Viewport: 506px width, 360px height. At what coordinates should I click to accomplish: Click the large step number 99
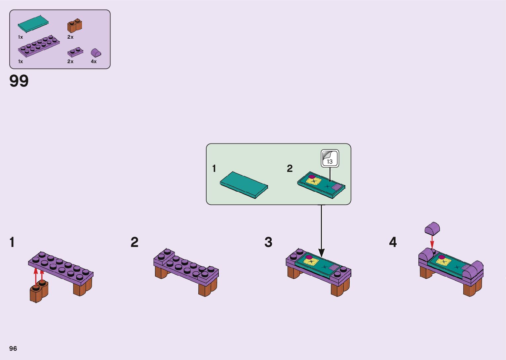point(19,81)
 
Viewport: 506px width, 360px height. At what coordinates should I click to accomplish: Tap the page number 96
point(13,348)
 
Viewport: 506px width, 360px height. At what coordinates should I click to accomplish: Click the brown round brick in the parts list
point(75,26)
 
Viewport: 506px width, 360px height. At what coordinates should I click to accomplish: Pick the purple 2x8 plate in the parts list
point(39,46)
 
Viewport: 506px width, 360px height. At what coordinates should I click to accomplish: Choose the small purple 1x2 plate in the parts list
point(75,52)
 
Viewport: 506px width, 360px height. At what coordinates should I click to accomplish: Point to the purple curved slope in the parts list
point(96,53)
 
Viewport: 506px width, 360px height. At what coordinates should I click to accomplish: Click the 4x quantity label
point(94,61)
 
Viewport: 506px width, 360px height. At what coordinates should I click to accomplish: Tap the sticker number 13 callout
point(330,159)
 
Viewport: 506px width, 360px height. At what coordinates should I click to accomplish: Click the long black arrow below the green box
point(321,231)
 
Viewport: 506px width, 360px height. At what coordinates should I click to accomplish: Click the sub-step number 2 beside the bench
point(135,242)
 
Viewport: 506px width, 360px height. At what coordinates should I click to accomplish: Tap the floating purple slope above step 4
point(432,228)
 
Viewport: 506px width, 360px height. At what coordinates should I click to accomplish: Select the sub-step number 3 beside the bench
point(268,242)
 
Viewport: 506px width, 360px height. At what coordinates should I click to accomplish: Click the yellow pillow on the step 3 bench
point(312,262)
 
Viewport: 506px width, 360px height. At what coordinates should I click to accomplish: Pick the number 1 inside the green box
point(214,169)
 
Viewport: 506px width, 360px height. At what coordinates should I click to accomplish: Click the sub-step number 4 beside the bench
point(393,242)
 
